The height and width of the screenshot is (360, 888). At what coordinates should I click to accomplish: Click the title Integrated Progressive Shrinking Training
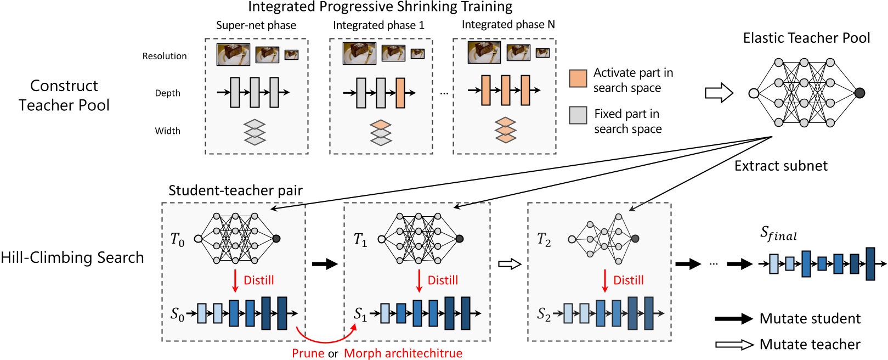click(380, 7)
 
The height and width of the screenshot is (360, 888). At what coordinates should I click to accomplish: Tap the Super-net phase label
click(256, 25)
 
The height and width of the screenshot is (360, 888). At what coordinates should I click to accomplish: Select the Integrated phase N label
click(508, 25)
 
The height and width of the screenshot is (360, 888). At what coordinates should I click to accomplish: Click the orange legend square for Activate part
click(578, 78)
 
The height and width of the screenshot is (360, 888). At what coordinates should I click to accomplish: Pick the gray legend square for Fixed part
click(578, 115)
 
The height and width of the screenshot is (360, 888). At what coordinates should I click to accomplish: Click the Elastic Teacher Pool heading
click(806, 38)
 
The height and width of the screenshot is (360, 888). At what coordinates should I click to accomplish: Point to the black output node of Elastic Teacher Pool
click(859, 93)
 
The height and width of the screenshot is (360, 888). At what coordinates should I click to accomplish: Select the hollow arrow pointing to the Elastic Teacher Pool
click(719, 93)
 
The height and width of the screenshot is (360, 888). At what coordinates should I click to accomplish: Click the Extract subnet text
click(780, 166)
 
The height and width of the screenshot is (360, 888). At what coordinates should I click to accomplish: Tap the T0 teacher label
click(177, 240)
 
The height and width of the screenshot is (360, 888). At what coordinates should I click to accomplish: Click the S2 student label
click(544, 314)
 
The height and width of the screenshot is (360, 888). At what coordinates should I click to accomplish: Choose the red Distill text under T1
click(442, 280)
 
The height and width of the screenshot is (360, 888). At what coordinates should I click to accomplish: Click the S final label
click(778, 234)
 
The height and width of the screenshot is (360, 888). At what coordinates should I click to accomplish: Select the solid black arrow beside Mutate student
click(734, 319)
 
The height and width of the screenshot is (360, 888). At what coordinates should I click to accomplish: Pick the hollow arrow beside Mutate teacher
click(734, 345)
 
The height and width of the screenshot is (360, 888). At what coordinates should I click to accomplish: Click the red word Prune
click(308, 353)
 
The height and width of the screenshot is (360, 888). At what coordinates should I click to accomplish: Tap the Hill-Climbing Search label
click(72, 257)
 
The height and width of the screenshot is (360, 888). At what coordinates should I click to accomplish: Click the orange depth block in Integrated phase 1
click(400, 93)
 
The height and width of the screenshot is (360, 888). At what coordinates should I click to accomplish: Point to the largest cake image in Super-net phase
click(233, 54)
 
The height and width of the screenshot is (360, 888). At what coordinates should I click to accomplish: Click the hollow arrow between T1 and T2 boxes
click(509, 265)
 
